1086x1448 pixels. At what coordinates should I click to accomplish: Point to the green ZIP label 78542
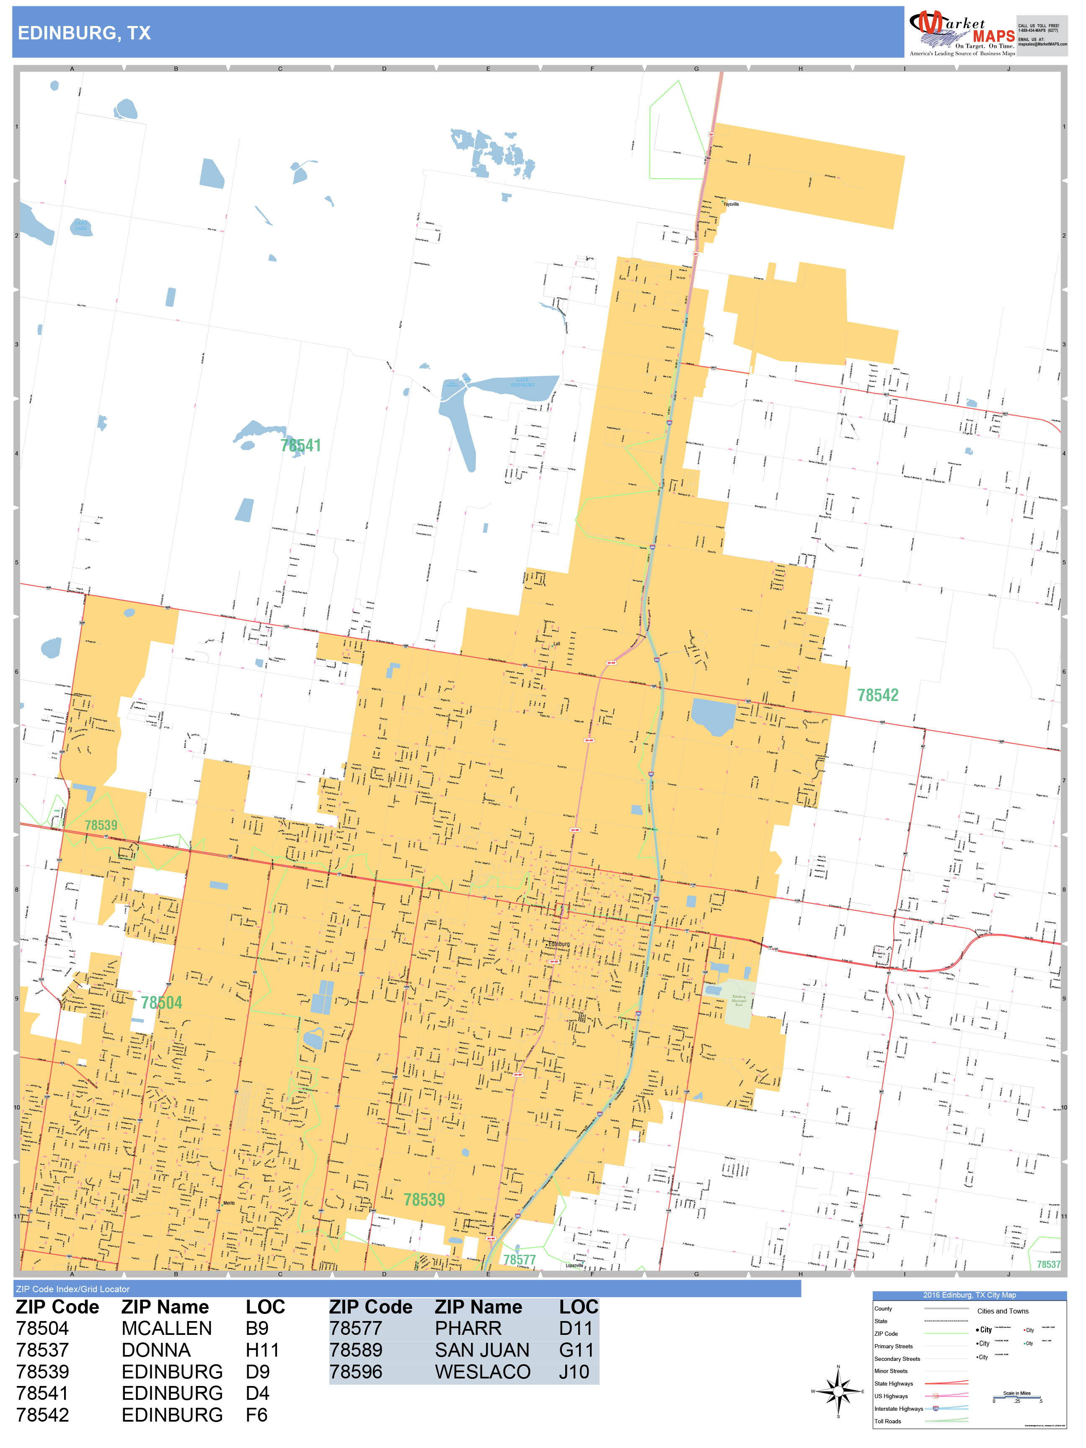click(x=877, y=695)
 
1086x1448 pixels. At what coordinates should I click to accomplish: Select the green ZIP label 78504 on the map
click(x=161, y=1003)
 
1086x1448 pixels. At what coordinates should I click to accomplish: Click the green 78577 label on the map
click(x=519, y=1259)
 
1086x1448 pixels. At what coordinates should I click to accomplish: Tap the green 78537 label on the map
click(x=1048, y=1264)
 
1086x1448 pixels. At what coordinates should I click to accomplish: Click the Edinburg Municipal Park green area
click(x=739, y=1003)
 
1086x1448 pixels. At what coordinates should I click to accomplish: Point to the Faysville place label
click(x=731, y=204)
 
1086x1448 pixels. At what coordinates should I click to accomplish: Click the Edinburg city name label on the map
click(x=559, y=944)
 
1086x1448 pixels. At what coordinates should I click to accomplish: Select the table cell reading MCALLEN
click(x=166, y=1328)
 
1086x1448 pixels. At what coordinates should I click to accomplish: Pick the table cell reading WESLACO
click(x=482, y=1371)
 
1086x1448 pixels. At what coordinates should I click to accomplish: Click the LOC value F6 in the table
click(x=256, y=1414)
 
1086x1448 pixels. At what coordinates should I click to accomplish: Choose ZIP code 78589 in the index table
click(x=355, y=1350)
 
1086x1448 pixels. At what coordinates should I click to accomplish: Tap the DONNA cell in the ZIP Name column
click(x=156, y=1350)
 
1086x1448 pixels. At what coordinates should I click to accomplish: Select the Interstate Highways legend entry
click(x=898, y=1409)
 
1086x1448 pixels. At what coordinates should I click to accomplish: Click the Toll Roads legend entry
click(x=888, y=1421)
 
